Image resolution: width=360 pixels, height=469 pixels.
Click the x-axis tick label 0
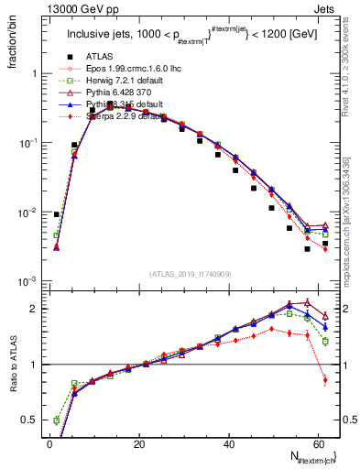coord(49,442)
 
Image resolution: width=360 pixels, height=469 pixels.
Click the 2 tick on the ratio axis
coord(35,309)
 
